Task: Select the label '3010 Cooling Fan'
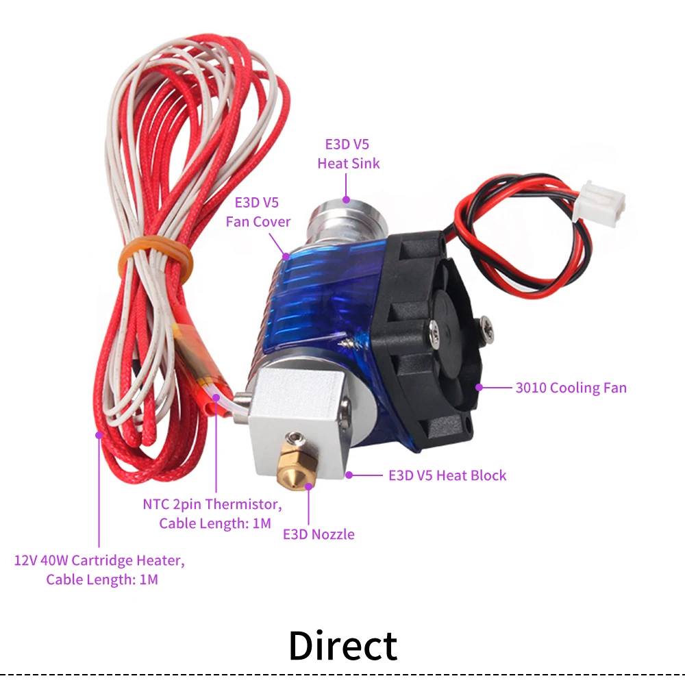click(571, 388)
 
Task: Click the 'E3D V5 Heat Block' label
click(447, 475)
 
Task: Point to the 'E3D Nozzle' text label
click(319, 534)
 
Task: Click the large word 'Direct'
click(342, 645)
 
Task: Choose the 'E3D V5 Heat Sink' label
click(348, 154)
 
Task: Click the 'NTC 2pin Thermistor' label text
click(212, 505)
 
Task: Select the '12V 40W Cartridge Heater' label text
click(100, 561)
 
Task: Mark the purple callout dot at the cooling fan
click(480, 388)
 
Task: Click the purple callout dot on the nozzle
click(309, 486)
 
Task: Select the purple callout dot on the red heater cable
click(99, 434)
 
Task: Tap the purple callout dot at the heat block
click(349, 475)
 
